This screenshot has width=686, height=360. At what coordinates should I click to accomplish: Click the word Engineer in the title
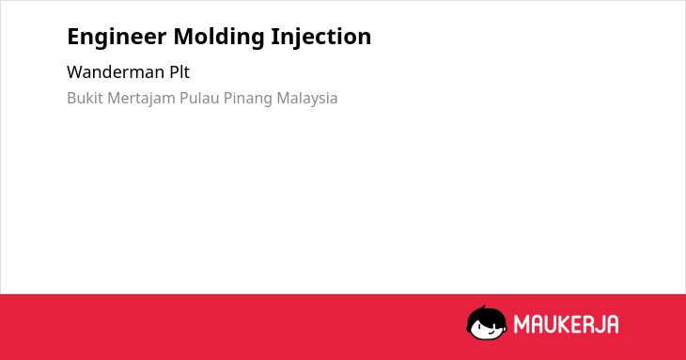click(x=117, y=38)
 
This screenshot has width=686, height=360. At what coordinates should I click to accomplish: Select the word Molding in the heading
click(x=219, y=37)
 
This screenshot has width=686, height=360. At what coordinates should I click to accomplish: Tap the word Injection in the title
click(x=321, y=37)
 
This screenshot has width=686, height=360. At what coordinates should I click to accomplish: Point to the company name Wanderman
click(x=116, y=72)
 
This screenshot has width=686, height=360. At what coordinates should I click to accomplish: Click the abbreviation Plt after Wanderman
click(x=179, y=72)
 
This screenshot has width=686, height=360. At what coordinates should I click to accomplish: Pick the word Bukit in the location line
click(x=86, y=98)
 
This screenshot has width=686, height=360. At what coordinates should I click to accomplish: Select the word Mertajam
click(x=141, y=99)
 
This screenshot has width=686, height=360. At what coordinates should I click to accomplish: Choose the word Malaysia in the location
click(x=307, y=99)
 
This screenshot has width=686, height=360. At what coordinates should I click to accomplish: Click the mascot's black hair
click(x=486, y=316)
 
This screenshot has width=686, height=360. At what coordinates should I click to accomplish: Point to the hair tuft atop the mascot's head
click(x=483, y=307)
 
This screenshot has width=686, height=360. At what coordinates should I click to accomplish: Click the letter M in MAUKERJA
click(x=522, y=324)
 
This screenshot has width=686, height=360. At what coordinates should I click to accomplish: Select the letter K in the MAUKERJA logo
click(x=563, y=324)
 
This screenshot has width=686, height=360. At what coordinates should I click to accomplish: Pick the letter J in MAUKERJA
click(x=600, y=324)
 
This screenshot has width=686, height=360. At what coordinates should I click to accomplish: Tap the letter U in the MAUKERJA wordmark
click(x=549, y=324)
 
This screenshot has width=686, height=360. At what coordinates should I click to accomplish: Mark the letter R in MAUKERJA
click(x=586, y=324)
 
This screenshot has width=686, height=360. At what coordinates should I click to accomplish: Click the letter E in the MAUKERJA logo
click(x=575, y=324)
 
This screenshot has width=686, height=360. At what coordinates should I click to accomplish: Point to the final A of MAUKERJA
click(x=612, y=324)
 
